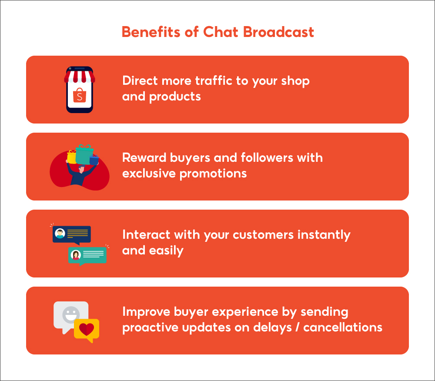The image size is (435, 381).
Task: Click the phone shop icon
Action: [79, 90]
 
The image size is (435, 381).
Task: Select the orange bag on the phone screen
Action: [79, 95]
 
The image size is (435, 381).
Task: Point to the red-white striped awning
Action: [79, 77]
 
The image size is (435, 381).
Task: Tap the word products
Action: [175, 96]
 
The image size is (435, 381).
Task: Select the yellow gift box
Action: [72, 157]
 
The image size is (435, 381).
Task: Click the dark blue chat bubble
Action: [72, 234]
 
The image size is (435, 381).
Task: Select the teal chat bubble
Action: [87, 255]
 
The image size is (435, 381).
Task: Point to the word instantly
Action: [324, 235]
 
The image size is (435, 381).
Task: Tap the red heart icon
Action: [86, 329]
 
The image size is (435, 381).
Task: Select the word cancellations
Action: [343, 327]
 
